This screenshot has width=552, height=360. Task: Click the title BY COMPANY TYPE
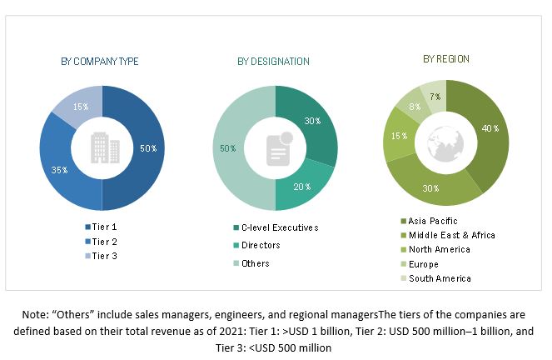point(100,62)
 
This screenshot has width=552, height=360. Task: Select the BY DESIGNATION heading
point(273,62)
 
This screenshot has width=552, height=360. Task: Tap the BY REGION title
point(445,59)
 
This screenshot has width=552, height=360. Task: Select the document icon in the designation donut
point(276,150)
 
